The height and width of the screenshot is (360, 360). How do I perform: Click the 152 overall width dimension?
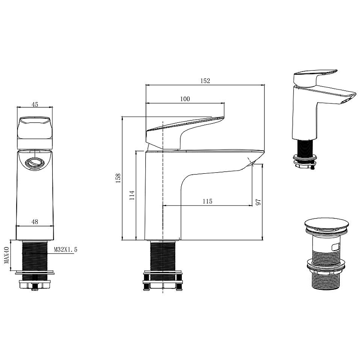(205, 81)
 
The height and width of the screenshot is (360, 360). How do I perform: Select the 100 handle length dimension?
(185, 99)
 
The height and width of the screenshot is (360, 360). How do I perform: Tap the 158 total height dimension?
(118, 178)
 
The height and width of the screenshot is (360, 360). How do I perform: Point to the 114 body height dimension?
(132, 195)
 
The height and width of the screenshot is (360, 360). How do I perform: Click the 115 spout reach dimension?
(207, 201)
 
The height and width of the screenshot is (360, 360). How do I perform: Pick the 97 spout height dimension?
(258, 202)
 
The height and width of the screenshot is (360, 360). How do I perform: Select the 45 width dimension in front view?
(35, 104)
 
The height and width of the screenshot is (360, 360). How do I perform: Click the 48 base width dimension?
(35, 222)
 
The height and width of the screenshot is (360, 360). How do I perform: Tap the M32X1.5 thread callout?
(65, 249)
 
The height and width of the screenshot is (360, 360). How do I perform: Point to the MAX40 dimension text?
(6, 255)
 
